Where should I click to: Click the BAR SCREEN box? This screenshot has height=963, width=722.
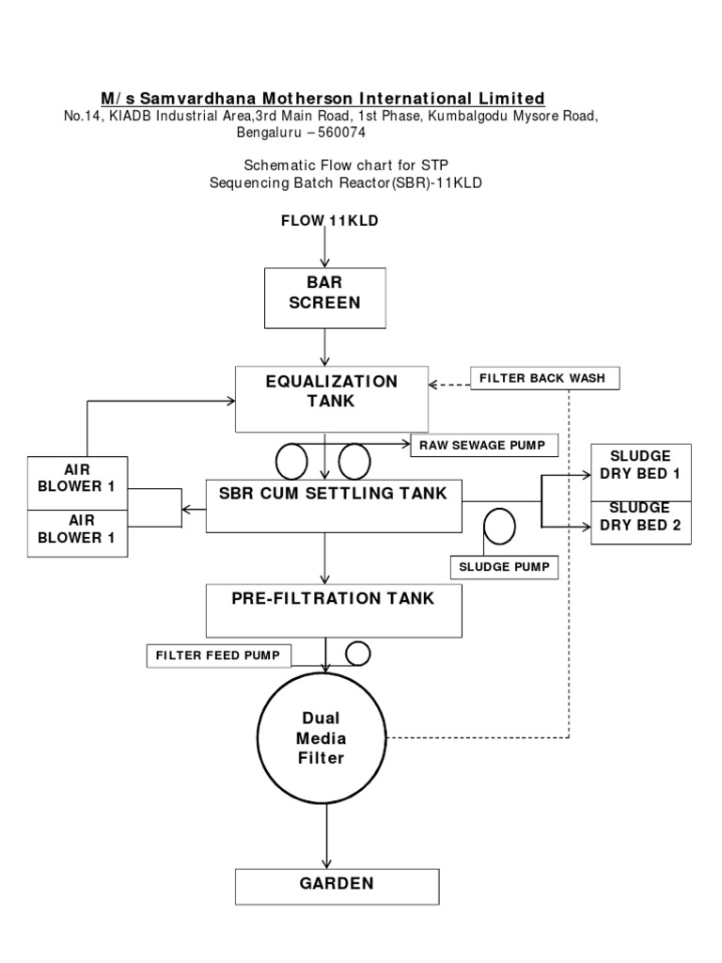(x=323, y=293)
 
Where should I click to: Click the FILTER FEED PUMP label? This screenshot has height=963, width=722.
(x=218, y=655)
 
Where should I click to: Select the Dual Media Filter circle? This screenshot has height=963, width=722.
(x=323, y=738)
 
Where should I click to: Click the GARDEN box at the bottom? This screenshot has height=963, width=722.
(x=337, y=885)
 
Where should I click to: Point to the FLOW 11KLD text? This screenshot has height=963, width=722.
(x=329, y=220)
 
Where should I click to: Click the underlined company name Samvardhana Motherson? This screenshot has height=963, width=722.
(x=322, y=98)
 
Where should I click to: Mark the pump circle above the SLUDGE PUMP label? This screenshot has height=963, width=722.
(x=498, y=526)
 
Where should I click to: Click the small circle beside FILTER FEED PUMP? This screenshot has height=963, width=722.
(x=357, y=652)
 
